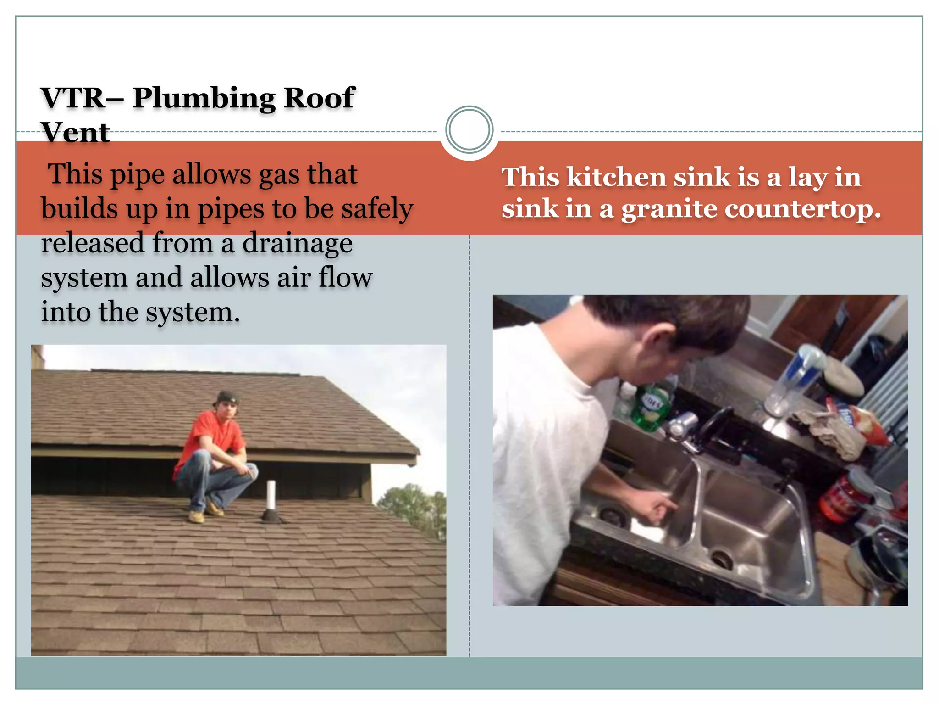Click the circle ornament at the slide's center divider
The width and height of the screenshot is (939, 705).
pyautogui.click(x=469, y=130)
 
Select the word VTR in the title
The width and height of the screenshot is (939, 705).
pyautogui.click(x=73, y=98)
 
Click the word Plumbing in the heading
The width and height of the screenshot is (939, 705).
pyautogui.click(x=204, y=99)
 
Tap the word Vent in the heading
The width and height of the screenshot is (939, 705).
pyautogui.click(x=75, y=133)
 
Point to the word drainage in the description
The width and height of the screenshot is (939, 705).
pyautogui.click(x=298, y=243)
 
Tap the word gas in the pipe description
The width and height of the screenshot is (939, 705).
pyautogui.click(x=278, y=175)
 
